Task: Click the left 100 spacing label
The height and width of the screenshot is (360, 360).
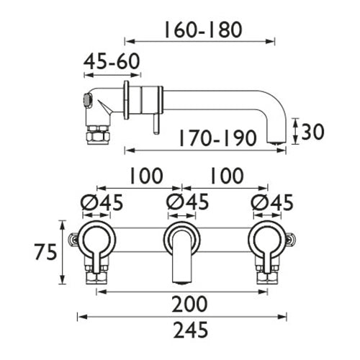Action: [x=145, y=176]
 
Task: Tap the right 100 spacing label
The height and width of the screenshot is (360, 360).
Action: [x=228, y=176]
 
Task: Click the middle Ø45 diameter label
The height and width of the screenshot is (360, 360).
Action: [x=184, y=204]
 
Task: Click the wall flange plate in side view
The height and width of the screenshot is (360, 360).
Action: [x=127, y=101]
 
